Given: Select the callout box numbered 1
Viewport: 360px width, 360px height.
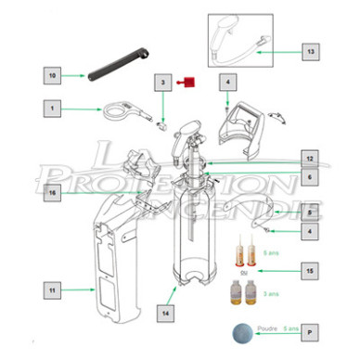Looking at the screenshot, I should pos(52,109).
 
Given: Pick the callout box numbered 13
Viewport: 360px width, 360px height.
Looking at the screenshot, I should pos(312,52).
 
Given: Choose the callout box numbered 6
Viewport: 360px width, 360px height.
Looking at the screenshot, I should pos(312,175).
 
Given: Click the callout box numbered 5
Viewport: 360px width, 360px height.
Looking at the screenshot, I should pos(312,212).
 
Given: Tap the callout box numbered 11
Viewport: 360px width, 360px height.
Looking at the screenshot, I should pos(52,290).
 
